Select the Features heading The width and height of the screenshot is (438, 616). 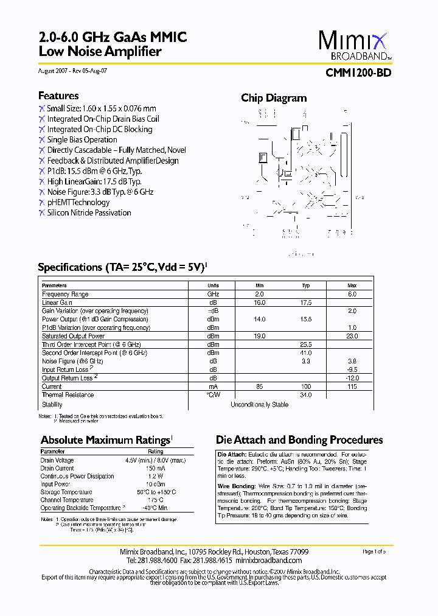coord(58,96)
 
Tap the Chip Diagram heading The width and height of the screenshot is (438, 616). coord(274,98)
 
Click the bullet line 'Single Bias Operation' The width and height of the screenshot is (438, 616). coord(82,139)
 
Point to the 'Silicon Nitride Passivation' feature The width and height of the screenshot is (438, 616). coord(89,212)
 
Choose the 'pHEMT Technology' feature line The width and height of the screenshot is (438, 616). coord(78,202)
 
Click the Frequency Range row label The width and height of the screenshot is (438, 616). coord(65,294)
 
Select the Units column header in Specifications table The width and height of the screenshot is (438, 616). coord(213,285)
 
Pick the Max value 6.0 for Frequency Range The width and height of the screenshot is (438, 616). coord(352,294)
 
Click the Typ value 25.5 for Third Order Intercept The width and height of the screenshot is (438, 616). coord(305,345)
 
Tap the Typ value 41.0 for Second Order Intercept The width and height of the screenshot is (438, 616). coord(305,352)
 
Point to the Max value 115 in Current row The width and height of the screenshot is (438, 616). coord(352,387)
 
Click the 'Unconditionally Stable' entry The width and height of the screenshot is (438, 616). coord(259,405)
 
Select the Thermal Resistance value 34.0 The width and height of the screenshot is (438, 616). coord(305,395)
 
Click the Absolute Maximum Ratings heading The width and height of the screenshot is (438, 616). coord(105,440)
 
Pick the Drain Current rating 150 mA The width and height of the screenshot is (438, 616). coord(155,468)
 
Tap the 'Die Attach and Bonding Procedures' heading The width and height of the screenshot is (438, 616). coord(299,440)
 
